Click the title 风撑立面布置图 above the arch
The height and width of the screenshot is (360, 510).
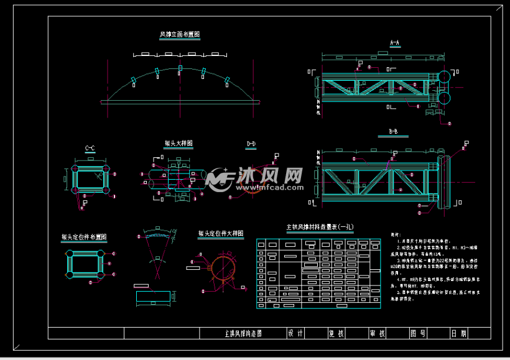[180, 35]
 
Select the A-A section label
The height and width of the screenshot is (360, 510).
[394, 43]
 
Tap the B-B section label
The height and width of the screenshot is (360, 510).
[393, 132]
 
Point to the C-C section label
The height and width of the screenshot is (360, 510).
[90, 148]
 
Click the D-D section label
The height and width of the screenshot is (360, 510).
[251, 144]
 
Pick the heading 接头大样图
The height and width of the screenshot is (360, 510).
[178, 143]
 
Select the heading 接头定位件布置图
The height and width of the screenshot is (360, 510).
[84, 237]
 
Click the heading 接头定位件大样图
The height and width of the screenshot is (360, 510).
[221, 234]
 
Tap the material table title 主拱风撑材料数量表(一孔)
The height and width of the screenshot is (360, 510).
[319, 227]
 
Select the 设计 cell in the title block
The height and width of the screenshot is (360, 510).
[295, 333]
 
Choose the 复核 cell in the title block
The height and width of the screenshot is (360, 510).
[336, 333]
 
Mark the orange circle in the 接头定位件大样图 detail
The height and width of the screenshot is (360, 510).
[221, 269]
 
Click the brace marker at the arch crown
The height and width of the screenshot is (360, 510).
[180, 68]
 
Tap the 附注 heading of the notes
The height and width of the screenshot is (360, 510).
[395, 235]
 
